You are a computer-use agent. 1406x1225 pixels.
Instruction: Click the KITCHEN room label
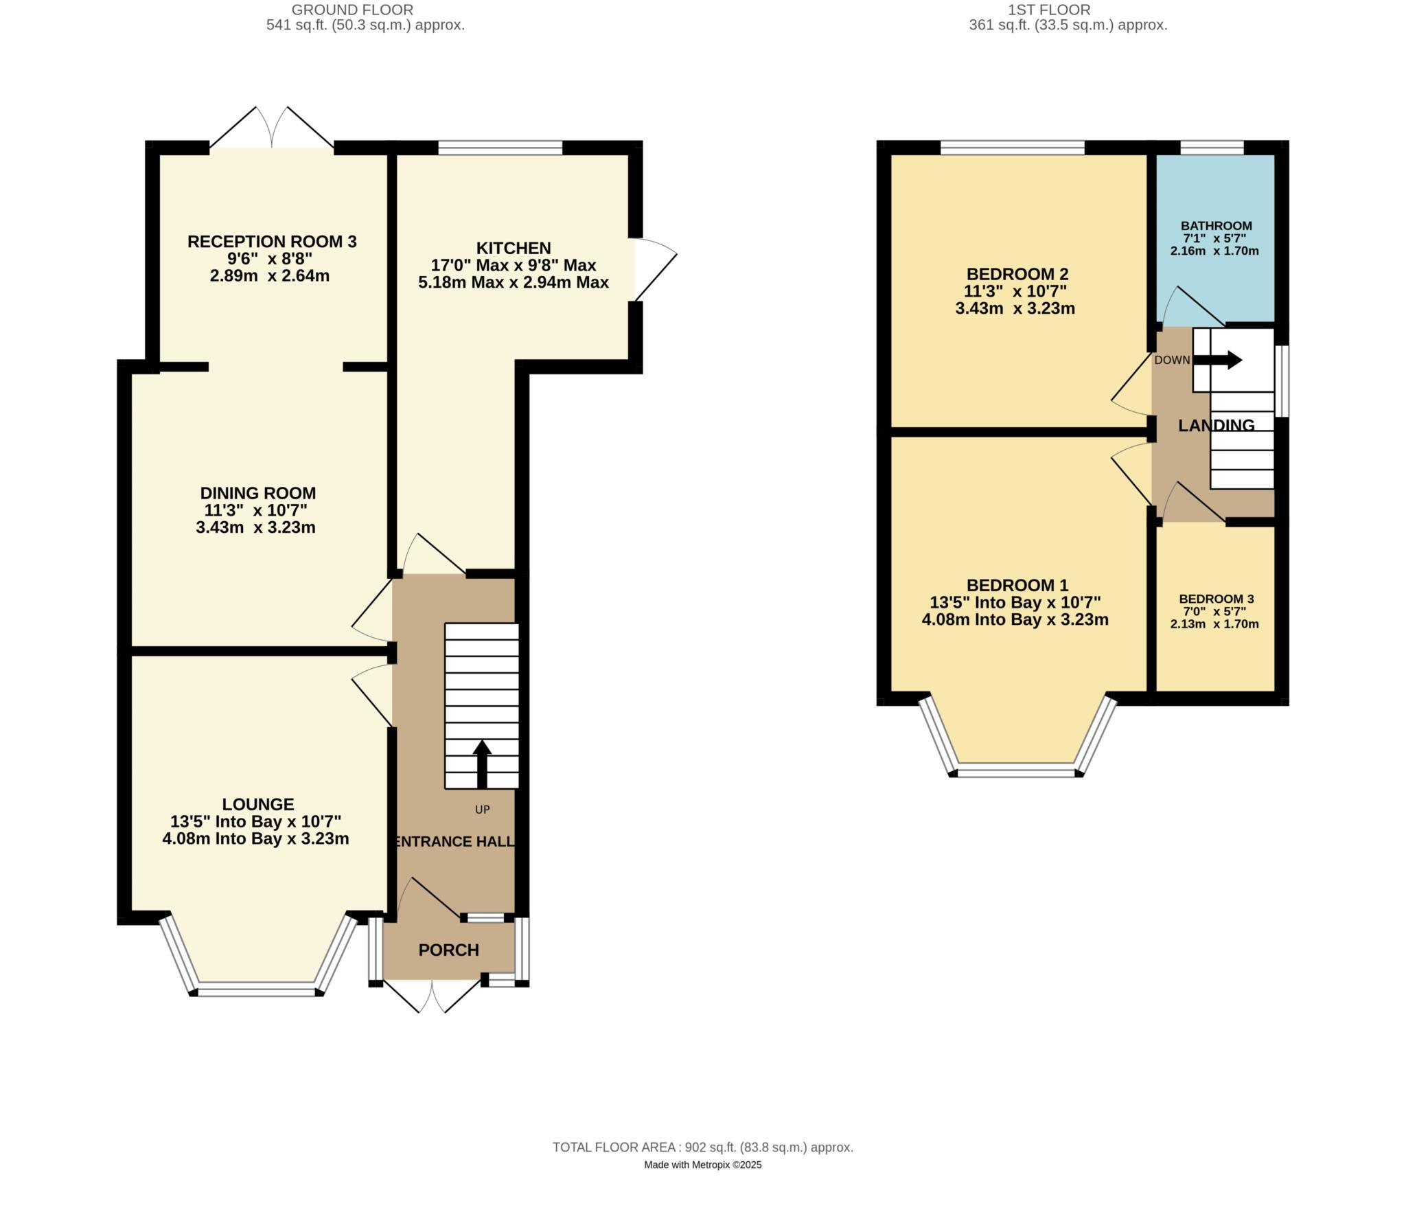click(513, 248)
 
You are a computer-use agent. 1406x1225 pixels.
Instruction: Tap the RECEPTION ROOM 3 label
click(272, 242)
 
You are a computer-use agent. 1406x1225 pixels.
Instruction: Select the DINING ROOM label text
click(258, 493)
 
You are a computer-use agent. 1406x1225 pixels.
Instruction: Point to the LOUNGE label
click(258, 804)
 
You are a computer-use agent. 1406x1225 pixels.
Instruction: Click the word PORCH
click(448, 950)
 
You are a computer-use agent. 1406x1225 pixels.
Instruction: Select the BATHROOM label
click(1216, 226)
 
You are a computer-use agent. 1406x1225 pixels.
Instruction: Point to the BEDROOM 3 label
click(1216, 599)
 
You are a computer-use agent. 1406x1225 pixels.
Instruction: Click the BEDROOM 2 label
click(1017, 274)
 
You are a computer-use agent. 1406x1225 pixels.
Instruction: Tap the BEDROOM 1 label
click(1017, 585)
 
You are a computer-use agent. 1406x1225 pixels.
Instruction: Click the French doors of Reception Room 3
click(272, 130)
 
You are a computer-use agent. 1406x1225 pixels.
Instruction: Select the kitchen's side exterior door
click(654, 269)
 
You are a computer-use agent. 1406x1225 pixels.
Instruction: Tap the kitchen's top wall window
click(500, 147)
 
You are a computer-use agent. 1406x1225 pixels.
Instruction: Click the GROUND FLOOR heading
click(352, 10)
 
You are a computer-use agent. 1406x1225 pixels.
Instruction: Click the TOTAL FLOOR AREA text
click(702, 1147)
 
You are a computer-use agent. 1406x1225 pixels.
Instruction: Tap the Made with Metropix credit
click(702, 1165)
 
